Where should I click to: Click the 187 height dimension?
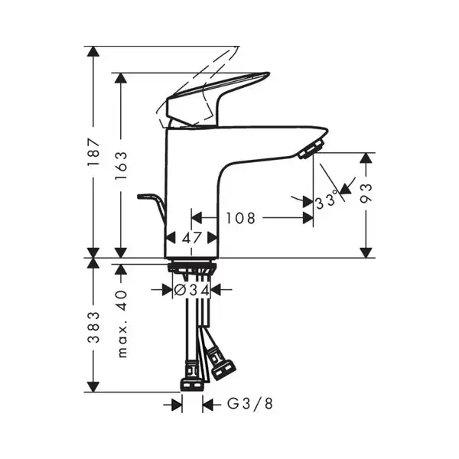(93, 152)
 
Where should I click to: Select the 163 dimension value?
(121, 166)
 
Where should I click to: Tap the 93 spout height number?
(366, 194)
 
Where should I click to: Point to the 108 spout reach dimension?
(241, 218)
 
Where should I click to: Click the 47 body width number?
(192, 238)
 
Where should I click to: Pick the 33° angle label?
(327, 201)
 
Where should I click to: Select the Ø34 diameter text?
(192, 290)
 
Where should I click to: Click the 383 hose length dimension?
(93, 327)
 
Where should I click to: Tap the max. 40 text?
(122, 324)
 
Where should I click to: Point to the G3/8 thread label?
(250, 403)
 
